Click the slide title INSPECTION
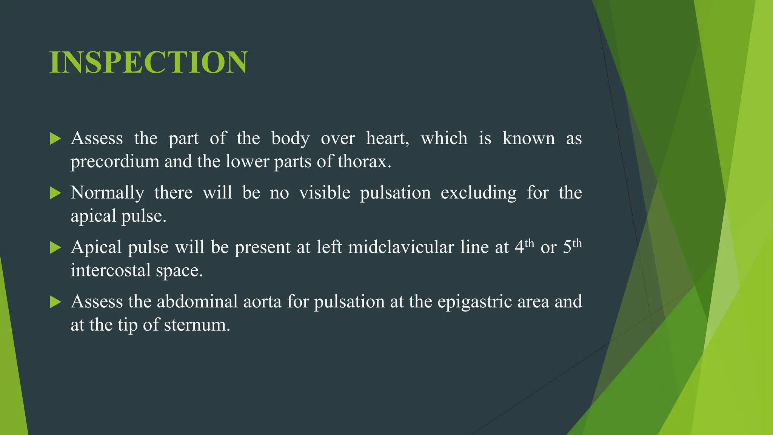[148, 62]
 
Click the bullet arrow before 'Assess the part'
[55, 139]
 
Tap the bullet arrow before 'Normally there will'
[55, 193]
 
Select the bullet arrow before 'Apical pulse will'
[55, 247]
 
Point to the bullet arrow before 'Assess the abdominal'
[55, 302]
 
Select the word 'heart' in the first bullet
[386, 138]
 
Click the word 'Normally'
[108, 193]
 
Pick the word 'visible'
[325, 193]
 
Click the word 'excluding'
[478, 193]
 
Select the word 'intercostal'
[110, 270]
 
